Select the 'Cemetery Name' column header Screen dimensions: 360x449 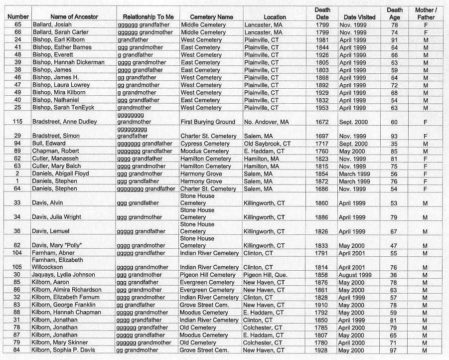[211, 17]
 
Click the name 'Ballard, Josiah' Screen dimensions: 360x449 [53, 24]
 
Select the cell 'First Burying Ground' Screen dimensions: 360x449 [208, 122]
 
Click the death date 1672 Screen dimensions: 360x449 [322, 122]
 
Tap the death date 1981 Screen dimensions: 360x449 [322, 40]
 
